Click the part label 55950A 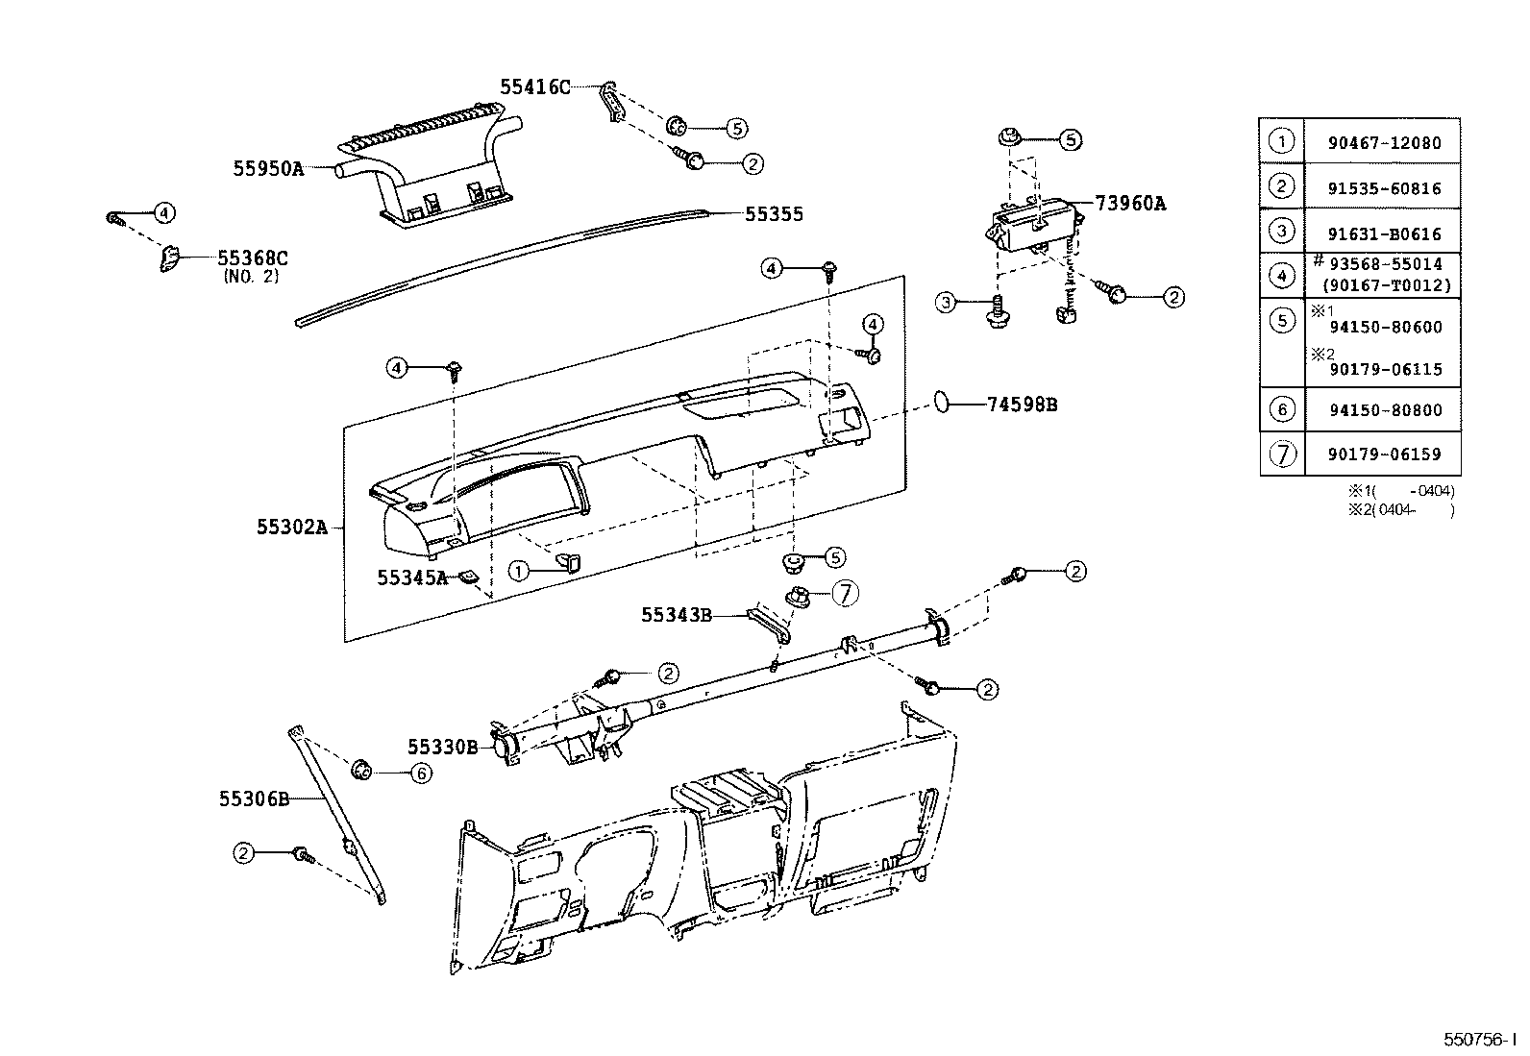click(x=267, y=168)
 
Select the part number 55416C click(x=534, y=87)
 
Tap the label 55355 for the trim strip click(x=774, y=214)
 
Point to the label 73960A click(x=1129, y=204)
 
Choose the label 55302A click(x=292, y=527)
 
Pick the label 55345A click(x=411, y=577)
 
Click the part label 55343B click(x=677, y=615)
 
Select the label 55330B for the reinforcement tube click(x=442, y=747)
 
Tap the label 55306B click(x=254, y=798)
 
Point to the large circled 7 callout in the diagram click(x=843, y=594)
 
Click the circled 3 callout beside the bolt click(x=947, y=303)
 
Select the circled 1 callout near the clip click(x=519, y=572)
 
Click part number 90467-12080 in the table click(x=1384, y=143)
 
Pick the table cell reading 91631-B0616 click(x=1384, y=233)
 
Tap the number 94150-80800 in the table click(x=1384, y=410)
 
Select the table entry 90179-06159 click(x=1384, y=454)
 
